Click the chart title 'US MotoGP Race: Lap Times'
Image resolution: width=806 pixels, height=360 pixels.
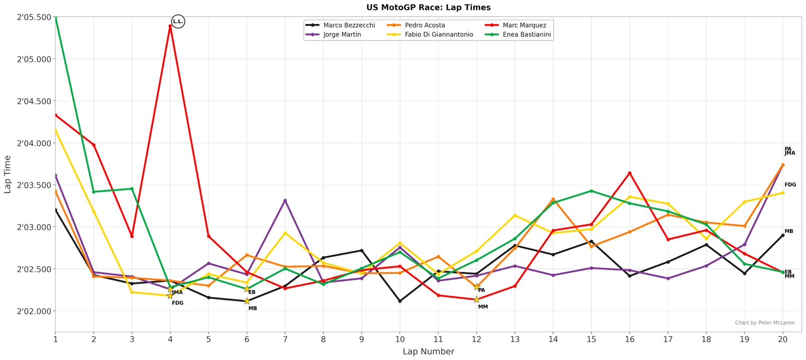pyautogui.click(x=428, y=8)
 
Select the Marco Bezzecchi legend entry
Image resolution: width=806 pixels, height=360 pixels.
pyautogui.click(x=349, y=25)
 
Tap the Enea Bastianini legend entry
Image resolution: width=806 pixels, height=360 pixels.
pyautogui.click(x=526, y=35)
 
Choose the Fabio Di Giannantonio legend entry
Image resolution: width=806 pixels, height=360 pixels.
pyautogui.click(x=439, y=35)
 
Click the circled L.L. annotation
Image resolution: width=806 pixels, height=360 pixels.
pyautogui.click(x=178, y=22)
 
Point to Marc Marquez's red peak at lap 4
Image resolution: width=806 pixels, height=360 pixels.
pyautogui.click(x=170, y=26)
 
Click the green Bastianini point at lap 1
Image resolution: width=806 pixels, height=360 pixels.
pyautogui.click(x=55, y=17)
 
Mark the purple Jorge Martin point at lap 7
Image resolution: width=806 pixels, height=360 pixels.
pyautogui.click(x=285, y=200)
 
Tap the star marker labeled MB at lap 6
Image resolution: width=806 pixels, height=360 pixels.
pyautogui.click(x=247, y=301)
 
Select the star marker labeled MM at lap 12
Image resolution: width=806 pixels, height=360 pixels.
pyautogui.click(x=477, y=300)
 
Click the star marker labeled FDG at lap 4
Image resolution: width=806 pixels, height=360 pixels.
pyautogui.click(x=170, y=296)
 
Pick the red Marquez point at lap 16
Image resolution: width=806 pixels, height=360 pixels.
pyautogui.click(x=630, y=173)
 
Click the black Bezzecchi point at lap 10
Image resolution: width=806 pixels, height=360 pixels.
pyautogui.click(x=400, y=301)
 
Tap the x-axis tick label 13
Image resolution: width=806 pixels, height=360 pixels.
pyautogui.click(x=515, y=339)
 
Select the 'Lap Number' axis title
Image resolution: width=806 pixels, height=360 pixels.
pyautogui.click(x=428, y=351)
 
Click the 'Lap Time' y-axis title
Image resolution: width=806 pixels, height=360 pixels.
pyautogui.click(x=8, y=174)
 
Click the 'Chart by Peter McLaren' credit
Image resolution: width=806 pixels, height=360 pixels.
pyautogui.click(x=764, y=323)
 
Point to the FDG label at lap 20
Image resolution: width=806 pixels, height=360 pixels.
pyautogui.click(x=790, y=185)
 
